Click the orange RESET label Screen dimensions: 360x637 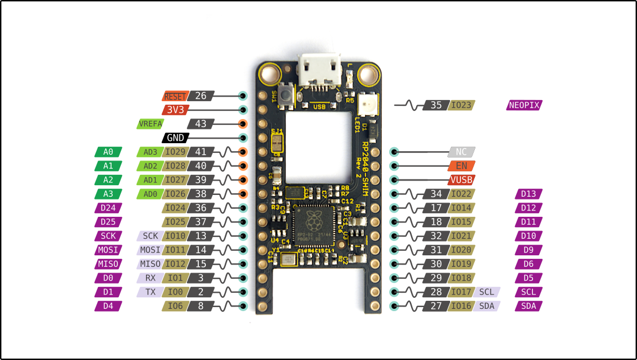175,97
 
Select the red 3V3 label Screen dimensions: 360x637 175,110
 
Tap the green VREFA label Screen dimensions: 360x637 150,124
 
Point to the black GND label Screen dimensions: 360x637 175,138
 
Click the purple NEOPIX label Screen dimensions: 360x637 524,105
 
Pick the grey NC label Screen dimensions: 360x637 462,152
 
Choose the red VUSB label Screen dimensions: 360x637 462,180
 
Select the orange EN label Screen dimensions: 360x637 462,166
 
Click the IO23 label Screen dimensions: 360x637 461,105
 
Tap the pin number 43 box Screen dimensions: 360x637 201,124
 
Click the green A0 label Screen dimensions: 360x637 108,152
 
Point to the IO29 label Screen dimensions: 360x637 175,152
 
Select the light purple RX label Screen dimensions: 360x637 150,278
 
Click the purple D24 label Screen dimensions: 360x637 108,208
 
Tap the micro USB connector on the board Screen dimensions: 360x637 316,72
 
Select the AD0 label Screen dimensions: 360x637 150,194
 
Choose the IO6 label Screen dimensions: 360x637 175,306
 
